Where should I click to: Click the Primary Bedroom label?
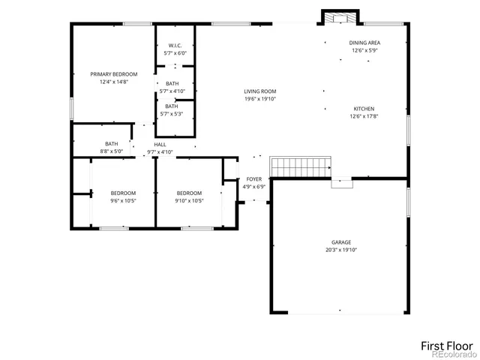pos(114,74)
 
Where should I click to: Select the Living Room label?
pos(254,91)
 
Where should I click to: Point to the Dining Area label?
pos(365,43)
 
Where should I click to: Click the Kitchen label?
pos(364,109)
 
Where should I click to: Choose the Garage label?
pos(341,242)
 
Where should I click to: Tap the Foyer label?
pos(254,179)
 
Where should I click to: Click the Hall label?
pos(160,144)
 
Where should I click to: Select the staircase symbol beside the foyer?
pos(301,167)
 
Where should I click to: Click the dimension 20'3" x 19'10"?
pos(341,250)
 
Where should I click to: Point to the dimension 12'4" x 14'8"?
pos(114,82)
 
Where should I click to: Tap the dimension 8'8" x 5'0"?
pos(111,151)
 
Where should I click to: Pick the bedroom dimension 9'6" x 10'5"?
pos(123,200)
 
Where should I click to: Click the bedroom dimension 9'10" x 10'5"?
pos(189,200)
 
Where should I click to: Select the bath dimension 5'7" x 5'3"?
pos(172,114)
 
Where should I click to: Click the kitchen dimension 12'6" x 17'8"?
pos(364,116)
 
